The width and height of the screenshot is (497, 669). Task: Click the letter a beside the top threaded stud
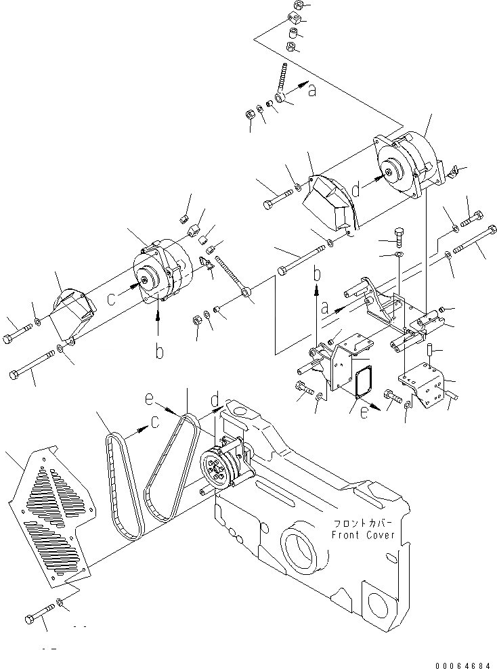tap(311, 90)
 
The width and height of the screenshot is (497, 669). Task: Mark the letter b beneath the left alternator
tap(158, 353)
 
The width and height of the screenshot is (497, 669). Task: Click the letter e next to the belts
tap(148, 400)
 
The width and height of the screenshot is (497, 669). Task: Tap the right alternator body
tap(403, 166)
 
